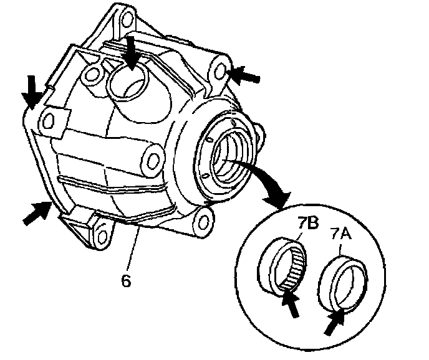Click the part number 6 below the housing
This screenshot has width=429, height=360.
coord(126,280)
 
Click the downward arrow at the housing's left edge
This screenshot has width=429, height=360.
coord(29,92)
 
